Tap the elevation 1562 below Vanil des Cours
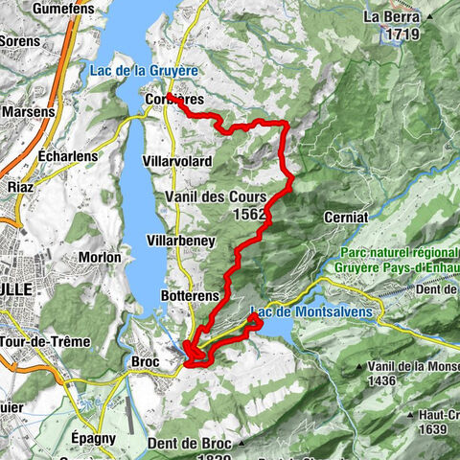(x=248, y=215)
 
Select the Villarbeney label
(x=179, y=239)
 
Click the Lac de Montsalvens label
(x=314, y=311)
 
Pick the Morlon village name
(x=100, y=257)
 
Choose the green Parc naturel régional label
(x=397, y=254)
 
